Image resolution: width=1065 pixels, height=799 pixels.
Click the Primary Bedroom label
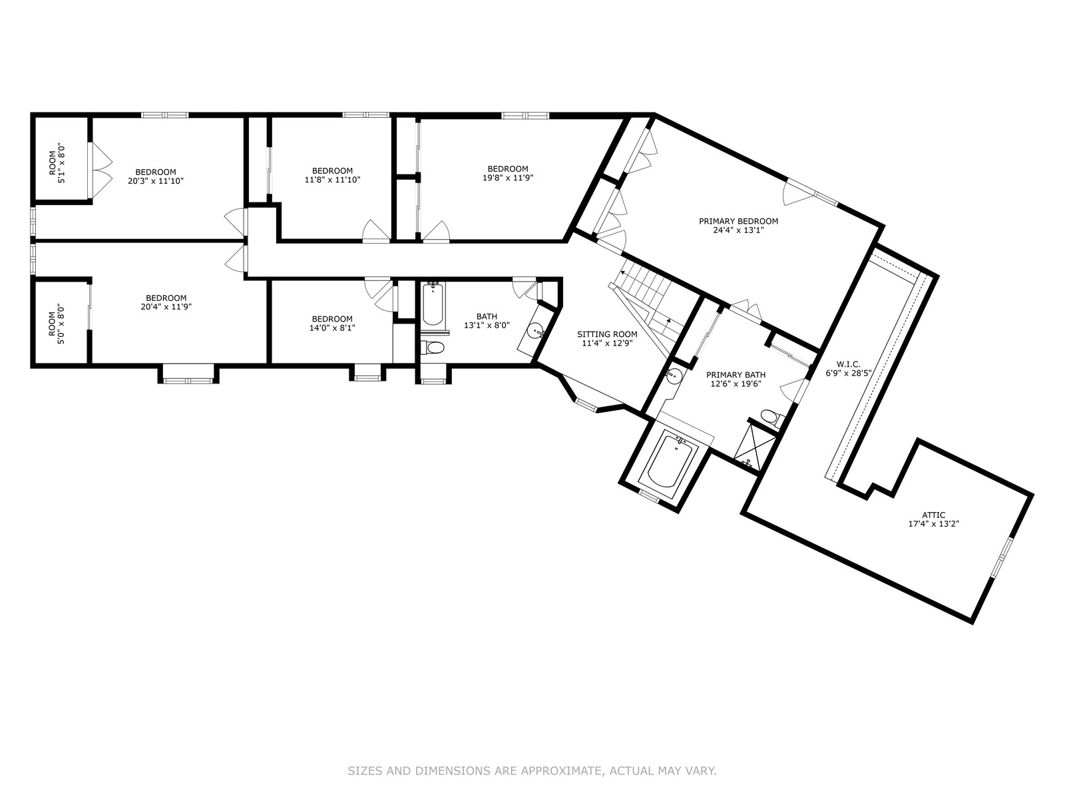[738, 221]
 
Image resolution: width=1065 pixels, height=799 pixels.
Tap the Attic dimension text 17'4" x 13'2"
[933, 524]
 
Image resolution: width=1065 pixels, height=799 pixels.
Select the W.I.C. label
[849, 364]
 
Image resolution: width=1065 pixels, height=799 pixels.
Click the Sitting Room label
[607, 334]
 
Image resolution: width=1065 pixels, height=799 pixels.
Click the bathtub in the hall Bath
[432, 304]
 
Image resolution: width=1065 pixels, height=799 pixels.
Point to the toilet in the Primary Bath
[770, 417]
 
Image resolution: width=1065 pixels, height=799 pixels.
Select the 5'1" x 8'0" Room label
[57, 162]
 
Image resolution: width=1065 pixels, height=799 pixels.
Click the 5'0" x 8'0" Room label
[57, 324]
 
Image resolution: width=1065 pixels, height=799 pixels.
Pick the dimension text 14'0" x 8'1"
[332, 328]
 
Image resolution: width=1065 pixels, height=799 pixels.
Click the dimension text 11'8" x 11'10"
[332, 180]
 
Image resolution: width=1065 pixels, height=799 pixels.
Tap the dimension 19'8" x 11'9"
[507, 178]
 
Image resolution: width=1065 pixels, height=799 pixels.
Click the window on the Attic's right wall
[1001, 557]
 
